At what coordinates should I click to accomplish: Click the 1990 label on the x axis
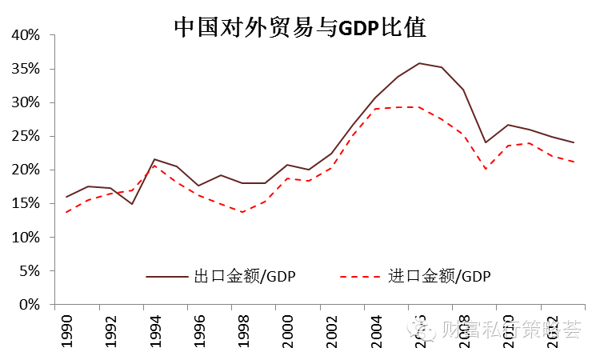pyautogui.click(x=67, y=330)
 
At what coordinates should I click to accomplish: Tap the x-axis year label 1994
pyautogui.click(x=155, y=330)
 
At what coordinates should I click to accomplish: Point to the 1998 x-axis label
pyautogui.click(x=244, y=330)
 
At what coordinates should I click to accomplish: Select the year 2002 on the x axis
pyautogui.click(x=332, y=330)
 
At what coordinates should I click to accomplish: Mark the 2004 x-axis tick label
pyautogui.click(x=376, y=330)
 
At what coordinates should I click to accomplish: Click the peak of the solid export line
pyautogui.click(x=419, y=63)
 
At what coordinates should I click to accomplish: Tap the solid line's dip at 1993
pyautogui.click(x=132, y=204)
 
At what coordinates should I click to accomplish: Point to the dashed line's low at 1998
pyautogui.click(x=242, y=212)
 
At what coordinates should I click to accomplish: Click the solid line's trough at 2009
pyautogui.click(x=486, y=142)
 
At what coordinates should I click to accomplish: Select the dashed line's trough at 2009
pyautogui.click(x=486, y=169)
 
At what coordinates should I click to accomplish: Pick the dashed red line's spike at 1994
pyautogui.click(x=154, y=166)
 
